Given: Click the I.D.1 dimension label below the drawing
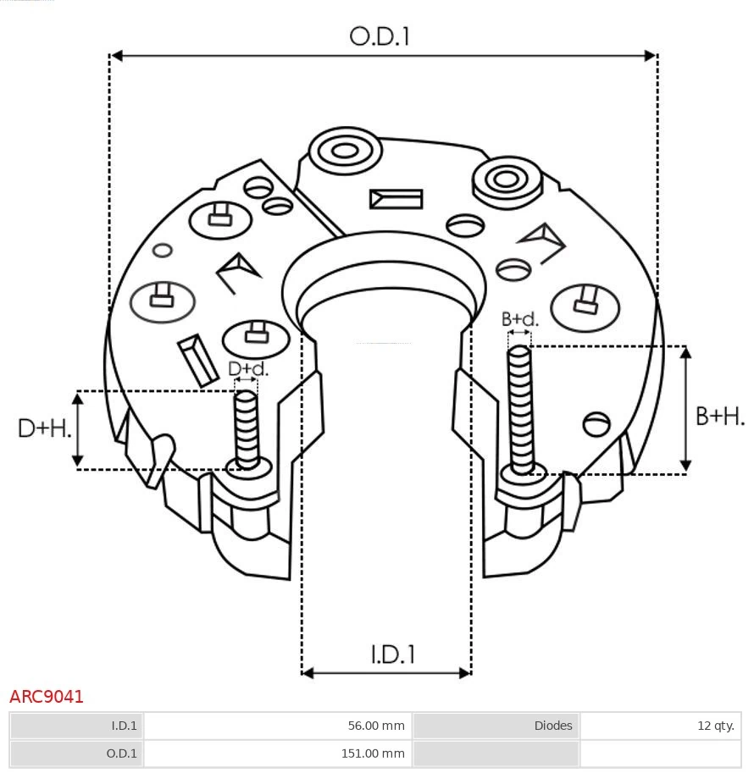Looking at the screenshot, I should (392, 654).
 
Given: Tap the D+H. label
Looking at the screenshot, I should (44, 428).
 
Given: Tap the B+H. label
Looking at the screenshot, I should (720, 416).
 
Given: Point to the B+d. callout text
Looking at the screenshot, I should (519, 319).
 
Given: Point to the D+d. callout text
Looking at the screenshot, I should (247, 369).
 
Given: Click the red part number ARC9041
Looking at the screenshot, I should (47, 697).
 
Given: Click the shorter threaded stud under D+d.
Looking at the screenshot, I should (247, 428).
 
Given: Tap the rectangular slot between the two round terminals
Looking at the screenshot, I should (396, 199).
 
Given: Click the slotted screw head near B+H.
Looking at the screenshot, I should (597, 422).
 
